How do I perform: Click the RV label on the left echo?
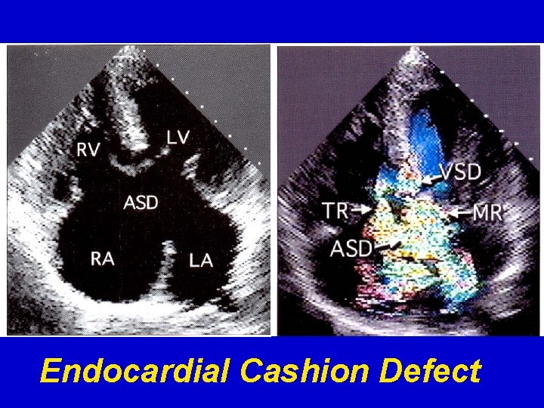click(88, 150)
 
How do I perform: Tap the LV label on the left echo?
click(178, 137)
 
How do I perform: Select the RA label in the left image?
click(103, 258)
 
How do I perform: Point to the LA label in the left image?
click(201, 261)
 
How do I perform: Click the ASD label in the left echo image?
click(141, 202)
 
